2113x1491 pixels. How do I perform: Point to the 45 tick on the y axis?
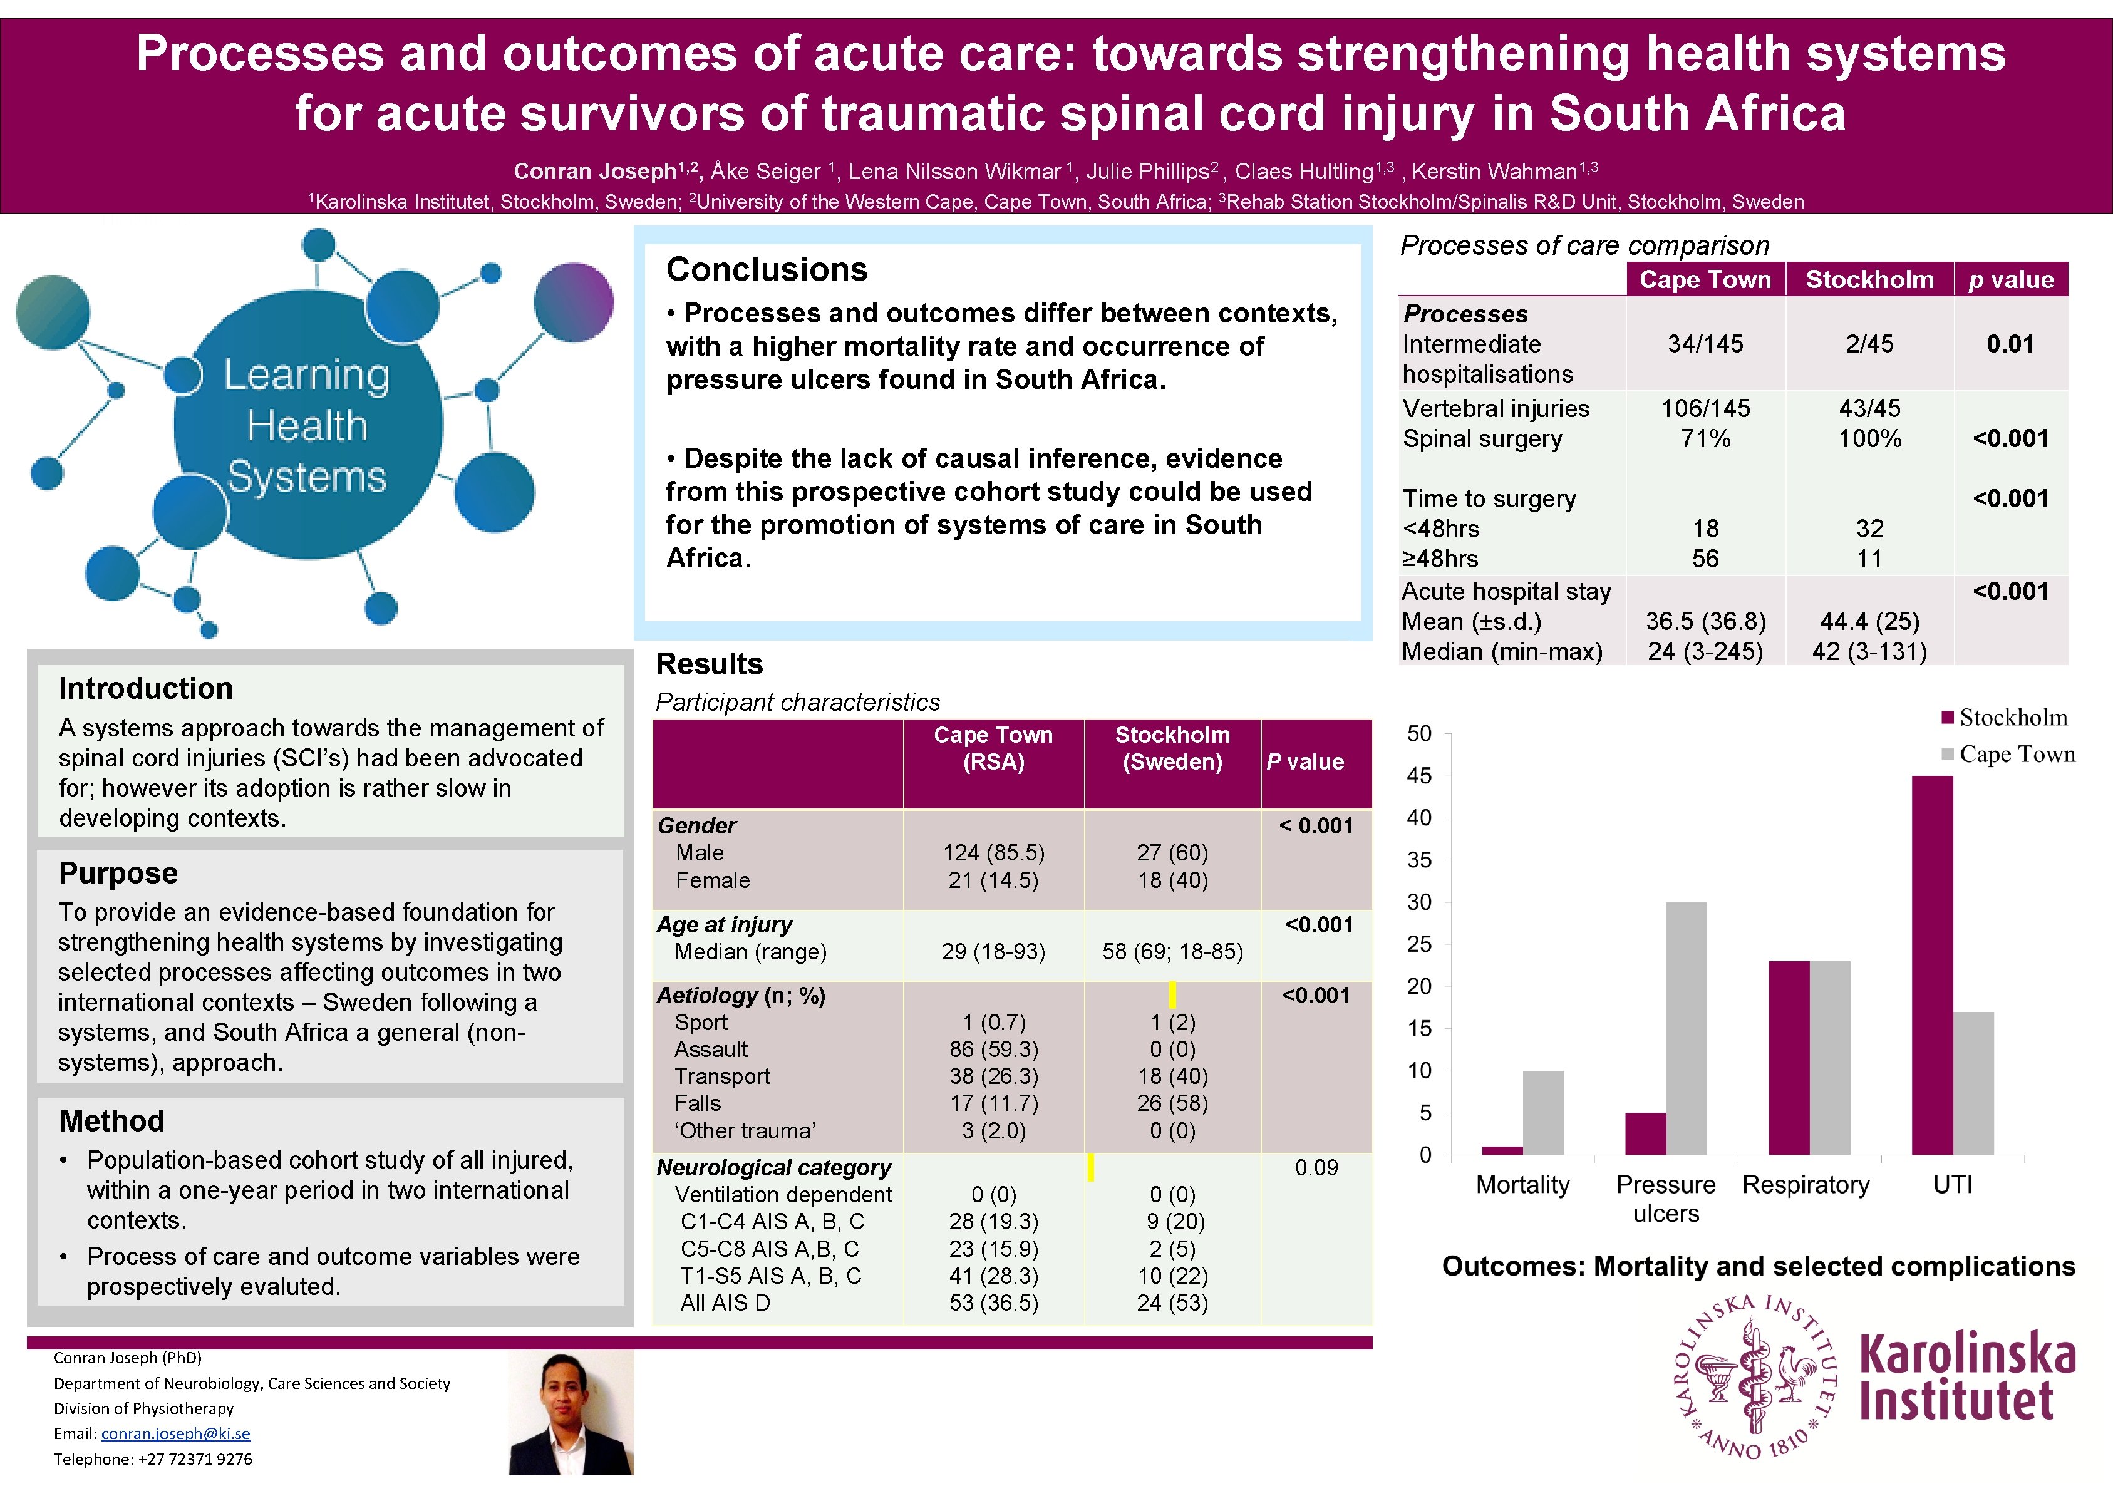coord(1419,776)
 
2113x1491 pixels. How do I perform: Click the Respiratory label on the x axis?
coord(1806,1185)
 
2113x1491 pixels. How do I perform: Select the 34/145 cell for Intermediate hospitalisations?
coord(1705,344)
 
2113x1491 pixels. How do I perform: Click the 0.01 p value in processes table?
coord(2010,344)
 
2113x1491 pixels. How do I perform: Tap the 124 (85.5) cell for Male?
coord(993,853)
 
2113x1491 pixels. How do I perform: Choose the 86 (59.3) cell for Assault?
coord(993,1050)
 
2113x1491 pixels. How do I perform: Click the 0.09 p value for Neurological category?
coord(1316,1168)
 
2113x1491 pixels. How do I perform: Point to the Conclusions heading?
coord(767,270)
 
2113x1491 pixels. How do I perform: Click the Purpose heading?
coord(118,872)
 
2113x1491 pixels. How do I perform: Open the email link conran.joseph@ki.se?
coord(175,1433)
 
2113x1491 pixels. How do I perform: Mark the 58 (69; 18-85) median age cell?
coord(1172,952)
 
